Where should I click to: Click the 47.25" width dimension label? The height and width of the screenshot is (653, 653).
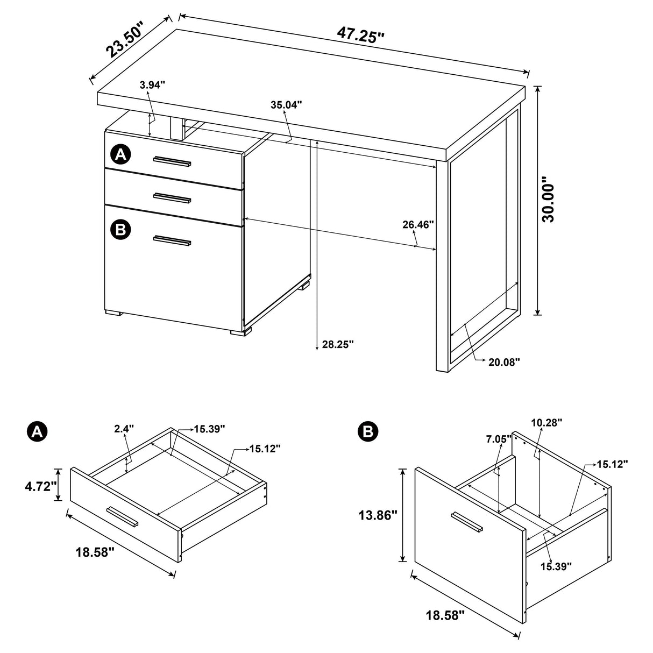(x=360, y=34)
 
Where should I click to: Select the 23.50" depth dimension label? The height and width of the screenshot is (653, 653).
(x=125, y=40)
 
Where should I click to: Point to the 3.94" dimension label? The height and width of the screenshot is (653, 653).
(x=152, y=84)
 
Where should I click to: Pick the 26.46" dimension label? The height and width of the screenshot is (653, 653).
(x=418, y=224)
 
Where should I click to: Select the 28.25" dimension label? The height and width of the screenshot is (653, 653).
(x=337, y=344)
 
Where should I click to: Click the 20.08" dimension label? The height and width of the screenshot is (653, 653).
(x=504, y=362)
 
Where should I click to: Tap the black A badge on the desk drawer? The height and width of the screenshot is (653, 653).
(x=120, y=155)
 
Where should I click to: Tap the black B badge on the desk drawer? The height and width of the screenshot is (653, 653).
(x=120, y=230)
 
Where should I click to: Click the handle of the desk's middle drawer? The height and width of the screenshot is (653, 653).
(x=172, y=197)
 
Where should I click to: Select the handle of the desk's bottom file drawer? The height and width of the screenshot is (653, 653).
(x=172, y=240)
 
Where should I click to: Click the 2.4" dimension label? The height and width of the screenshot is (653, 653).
(x=124, y=429)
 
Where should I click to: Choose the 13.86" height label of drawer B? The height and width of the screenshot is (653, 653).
(x=378, y=515)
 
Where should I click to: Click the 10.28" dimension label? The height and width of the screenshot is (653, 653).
(x=546, y=423)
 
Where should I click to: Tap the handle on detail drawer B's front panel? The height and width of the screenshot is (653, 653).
(x=466, y=523)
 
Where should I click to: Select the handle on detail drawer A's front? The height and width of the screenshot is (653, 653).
(x=122, y=516)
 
